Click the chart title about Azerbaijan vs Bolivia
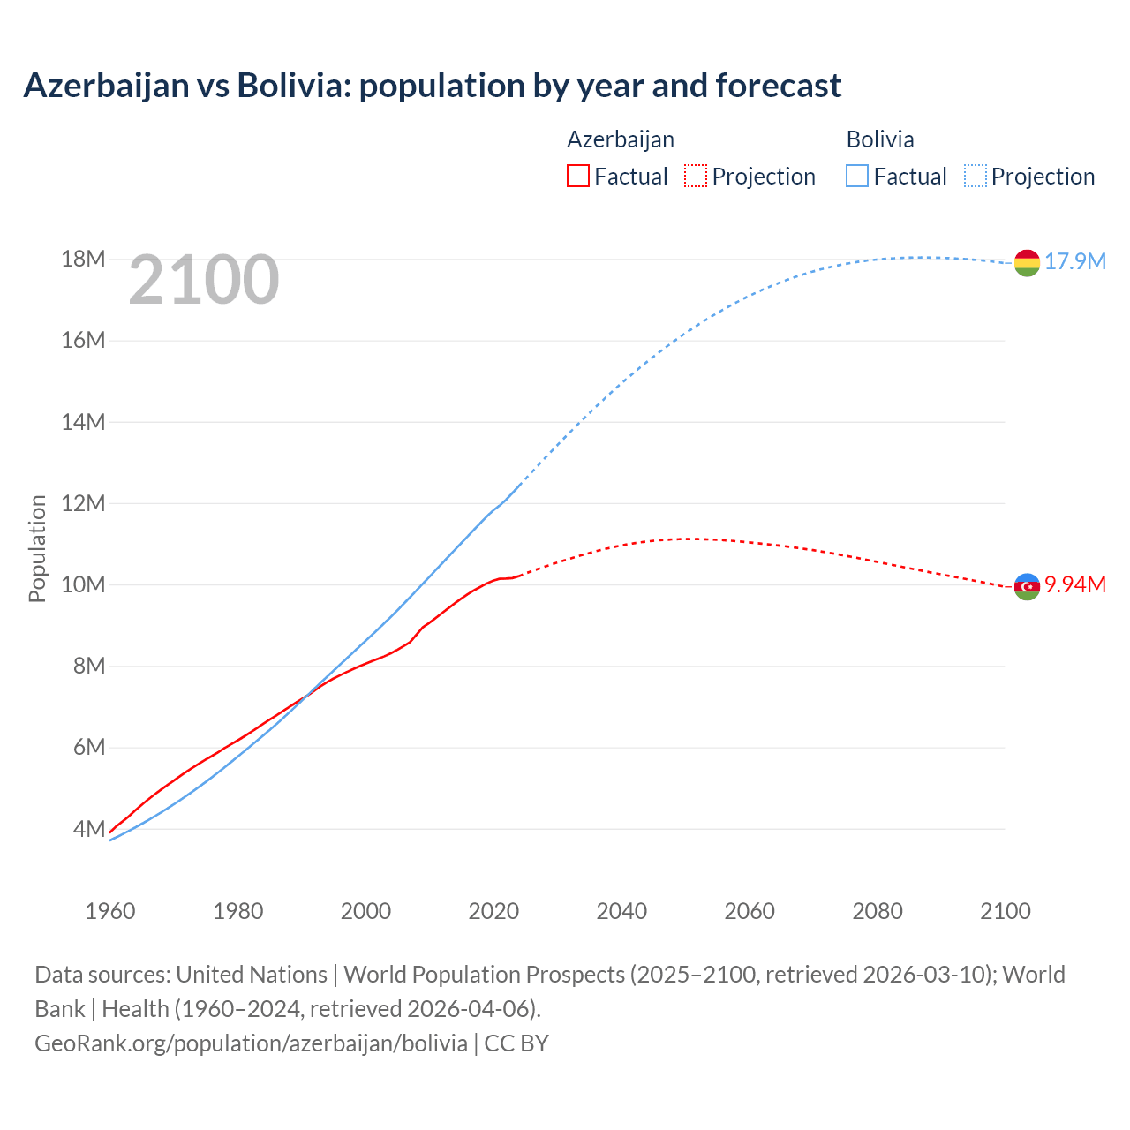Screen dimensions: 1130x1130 tap(433, 86)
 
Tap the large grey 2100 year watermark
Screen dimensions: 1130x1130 tap(204, 280)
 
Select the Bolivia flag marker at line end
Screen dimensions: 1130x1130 tap(1027, 262)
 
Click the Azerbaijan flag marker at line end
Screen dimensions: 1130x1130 tap(1027, 586)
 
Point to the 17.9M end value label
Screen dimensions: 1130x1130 tap(1075, 262)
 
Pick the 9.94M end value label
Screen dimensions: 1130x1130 tap(1075, 585)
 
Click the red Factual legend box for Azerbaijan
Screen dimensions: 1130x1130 tap(578, 176)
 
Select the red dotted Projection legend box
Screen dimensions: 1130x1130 tap(696, 176)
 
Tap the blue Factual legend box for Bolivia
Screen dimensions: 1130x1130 tap(857, 176)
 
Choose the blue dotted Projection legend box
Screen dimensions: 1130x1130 tap(975, 176)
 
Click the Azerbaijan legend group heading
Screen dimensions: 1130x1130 tap(621, 139)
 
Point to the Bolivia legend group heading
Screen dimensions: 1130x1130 tap(880, 139)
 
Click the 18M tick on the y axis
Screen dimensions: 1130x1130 tap(83, 260)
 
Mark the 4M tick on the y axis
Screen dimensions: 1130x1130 tap(88, 829)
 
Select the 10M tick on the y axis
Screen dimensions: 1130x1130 tap(83, 584)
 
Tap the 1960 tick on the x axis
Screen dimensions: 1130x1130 tap(110, 911)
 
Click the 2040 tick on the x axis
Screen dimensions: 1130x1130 tap(621, 911)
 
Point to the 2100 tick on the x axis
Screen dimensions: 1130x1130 tap(1006, 911)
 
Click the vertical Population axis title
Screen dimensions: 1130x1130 tap(37, 548)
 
